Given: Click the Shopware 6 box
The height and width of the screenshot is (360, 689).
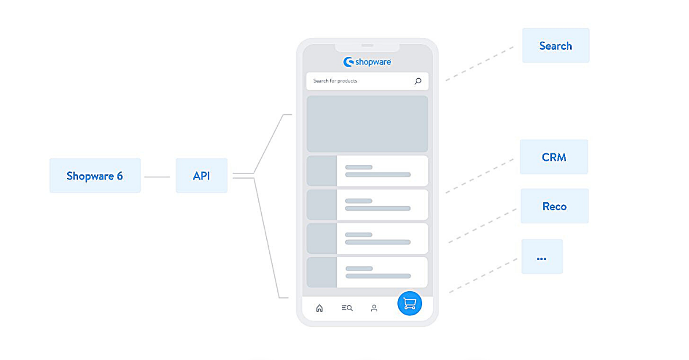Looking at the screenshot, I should click(95, 176).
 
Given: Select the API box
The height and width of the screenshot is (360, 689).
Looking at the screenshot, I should click(202, 176).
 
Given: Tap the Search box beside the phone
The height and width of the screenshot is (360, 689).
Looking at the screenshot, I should click(555, 46).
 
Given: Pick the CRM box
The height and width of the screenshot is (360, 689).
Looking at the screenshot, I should click(553, 157).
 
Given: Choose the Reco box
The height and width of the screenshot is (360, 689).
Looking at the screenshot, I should click(554, 206).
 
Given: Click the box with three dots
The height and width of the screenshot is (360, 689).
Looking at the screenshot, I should click(541, 257).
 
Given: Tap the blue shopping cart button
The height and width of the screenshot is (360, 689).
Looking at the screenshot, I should click(409, 304).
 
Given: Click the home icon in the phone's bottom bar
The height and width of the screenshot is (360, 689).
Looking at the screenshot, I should click(319, 308).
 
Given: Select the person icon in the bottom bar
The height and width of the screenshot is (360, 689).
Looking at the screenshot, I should click(374, 308).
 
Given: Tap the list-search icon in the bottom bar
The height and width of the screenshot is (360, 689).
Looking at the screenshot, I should click(347, 308).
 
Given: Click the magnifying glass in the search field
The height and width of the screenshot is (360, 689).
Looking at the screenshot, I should click(417, 81).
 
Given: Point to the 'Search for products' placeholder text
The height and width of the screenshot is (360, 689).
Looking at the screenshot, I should click(335, 81).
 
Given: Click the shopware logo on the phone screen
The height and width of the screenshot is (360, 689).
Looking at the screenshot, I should click(367, 62).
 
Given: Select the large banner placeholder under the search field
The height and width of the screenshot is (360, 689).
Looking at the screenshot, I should click(367, 123).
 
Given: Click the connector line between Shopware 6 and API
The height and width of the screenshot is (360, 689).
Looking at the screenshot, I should click(157, 177).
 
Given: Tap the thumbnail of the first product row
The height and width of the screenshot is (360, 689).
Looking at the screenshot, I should click(322, 171).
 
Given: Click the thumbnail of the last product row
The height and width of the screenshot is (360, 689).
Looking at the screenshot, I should click(322, 272).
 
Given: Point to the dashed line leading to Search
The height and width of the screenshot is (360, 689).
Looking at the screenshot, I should click(479, 63).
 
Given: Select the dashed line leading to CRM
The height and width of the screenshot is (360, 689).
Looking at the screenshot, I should click(479, 175).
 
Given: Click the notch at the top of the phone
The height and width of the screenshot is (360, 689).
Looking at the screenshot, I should click(367, 45).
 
